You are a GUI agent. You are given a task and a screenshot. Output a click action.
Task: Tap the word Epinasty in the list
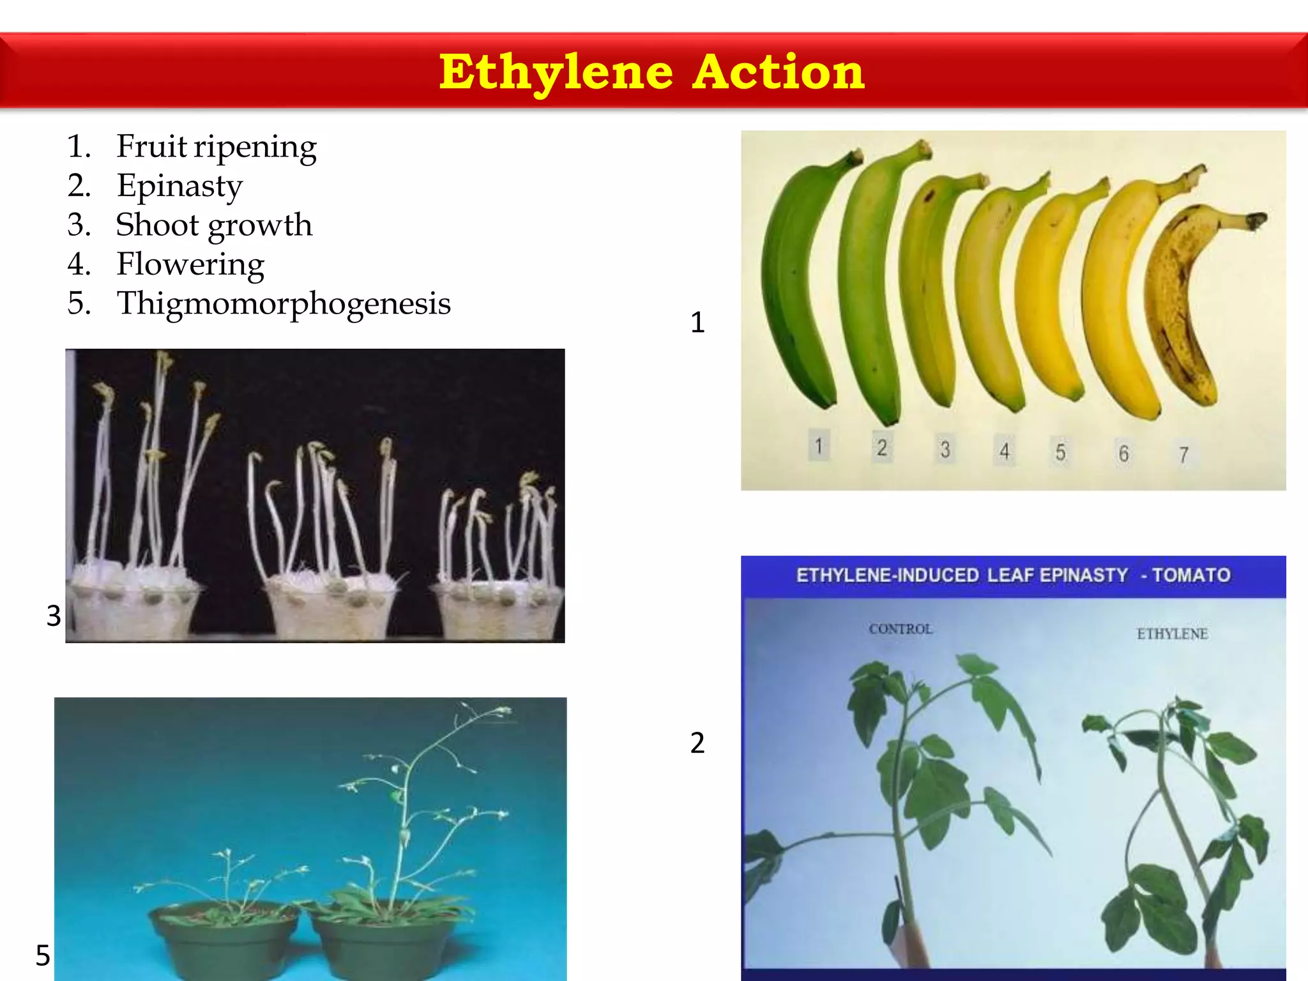pos(179,186)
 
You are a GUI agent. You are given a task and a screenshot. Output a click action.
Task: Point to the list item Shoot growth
pos(214,225)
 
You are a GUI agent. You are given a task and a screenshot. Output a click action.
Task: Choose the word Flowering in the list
pos(190,264)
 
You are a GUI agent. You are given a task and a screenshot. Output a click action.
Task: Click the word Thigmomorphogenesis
pos(284,303)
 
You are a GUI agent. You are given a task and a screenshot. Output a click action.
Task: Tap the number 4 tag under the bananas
pos(1005,451)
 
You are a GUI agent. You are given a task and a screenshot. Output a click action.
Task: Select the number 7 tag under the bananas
pos(1183,454)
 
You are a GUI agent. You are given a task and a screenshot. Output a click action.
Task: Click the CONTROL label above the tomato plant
pos(901,629)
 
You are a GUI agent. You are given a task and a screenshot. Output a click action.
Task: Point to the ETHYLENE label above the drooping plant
pos(1172,634)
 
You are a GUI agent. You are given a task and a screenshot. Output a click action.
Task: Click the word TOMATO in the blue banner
pos(1191,575)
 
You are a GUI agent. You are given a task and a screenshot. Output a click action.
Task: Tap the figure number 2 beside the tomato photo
pos(697,743)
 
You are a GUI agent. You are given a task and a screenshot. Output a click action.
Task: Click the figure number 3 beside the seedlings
pos(54,616)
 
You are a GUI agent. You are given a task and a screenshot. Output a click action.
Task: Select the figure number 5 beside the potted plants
pos(43,955)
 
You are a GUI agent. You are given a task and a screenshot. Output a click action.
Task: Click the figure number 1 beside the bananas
pos(697,323)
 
